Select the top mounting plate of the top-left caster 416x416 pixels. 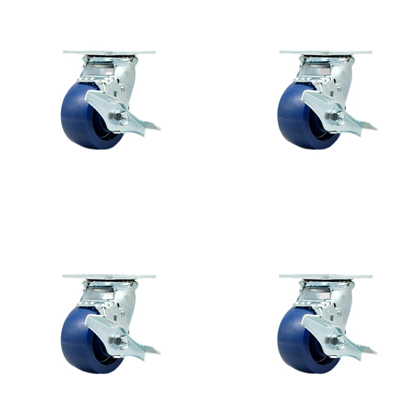point(109,53)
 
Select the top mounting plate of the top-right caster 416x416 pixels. point(325,53)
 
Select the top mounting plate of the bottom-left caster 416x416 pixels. point(109,277)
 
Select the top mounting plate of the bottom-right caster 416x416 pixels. point(325,277)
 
